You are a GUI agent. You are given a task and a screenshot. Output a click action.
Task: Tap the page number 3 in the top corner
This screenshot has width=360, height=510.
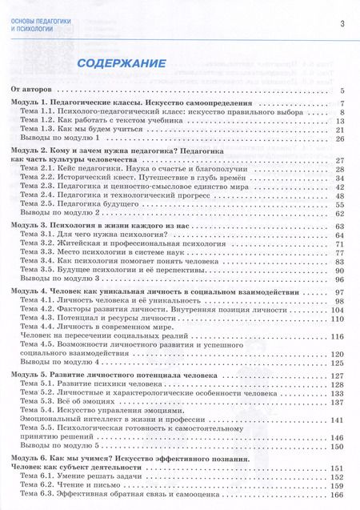pos(342,22)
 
